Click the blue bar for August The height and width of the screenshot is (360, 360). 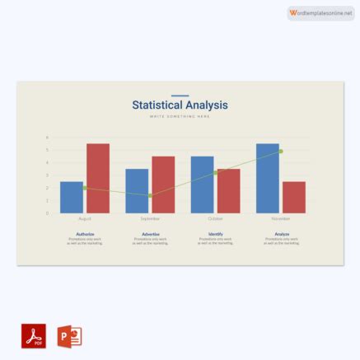[72, 197]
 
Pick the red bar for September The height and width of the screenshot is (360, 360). [163, 185]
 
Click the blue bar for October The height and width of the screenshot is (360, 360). [202, 185]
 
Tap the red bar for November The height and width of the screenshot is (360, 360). [293, 197]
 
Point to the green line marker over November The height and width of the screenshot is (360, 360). [281, 152]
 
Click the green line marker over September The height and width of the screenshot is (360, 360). [150, 195]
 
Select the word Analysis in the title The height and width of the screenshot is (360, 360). [207, 105]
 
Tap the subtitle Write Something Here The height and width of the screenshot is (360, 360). [180, 116]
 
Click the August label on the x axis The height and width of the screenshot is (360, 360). [85, 219]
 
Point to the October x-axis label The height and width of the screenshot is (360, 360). [215, 219]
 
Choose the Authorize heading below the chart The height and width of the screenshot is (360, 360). [85, 234]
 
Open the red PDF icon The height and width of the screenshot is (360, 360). [34, 335]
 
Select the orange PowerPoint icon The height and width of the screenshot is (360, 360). [69, 335]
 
